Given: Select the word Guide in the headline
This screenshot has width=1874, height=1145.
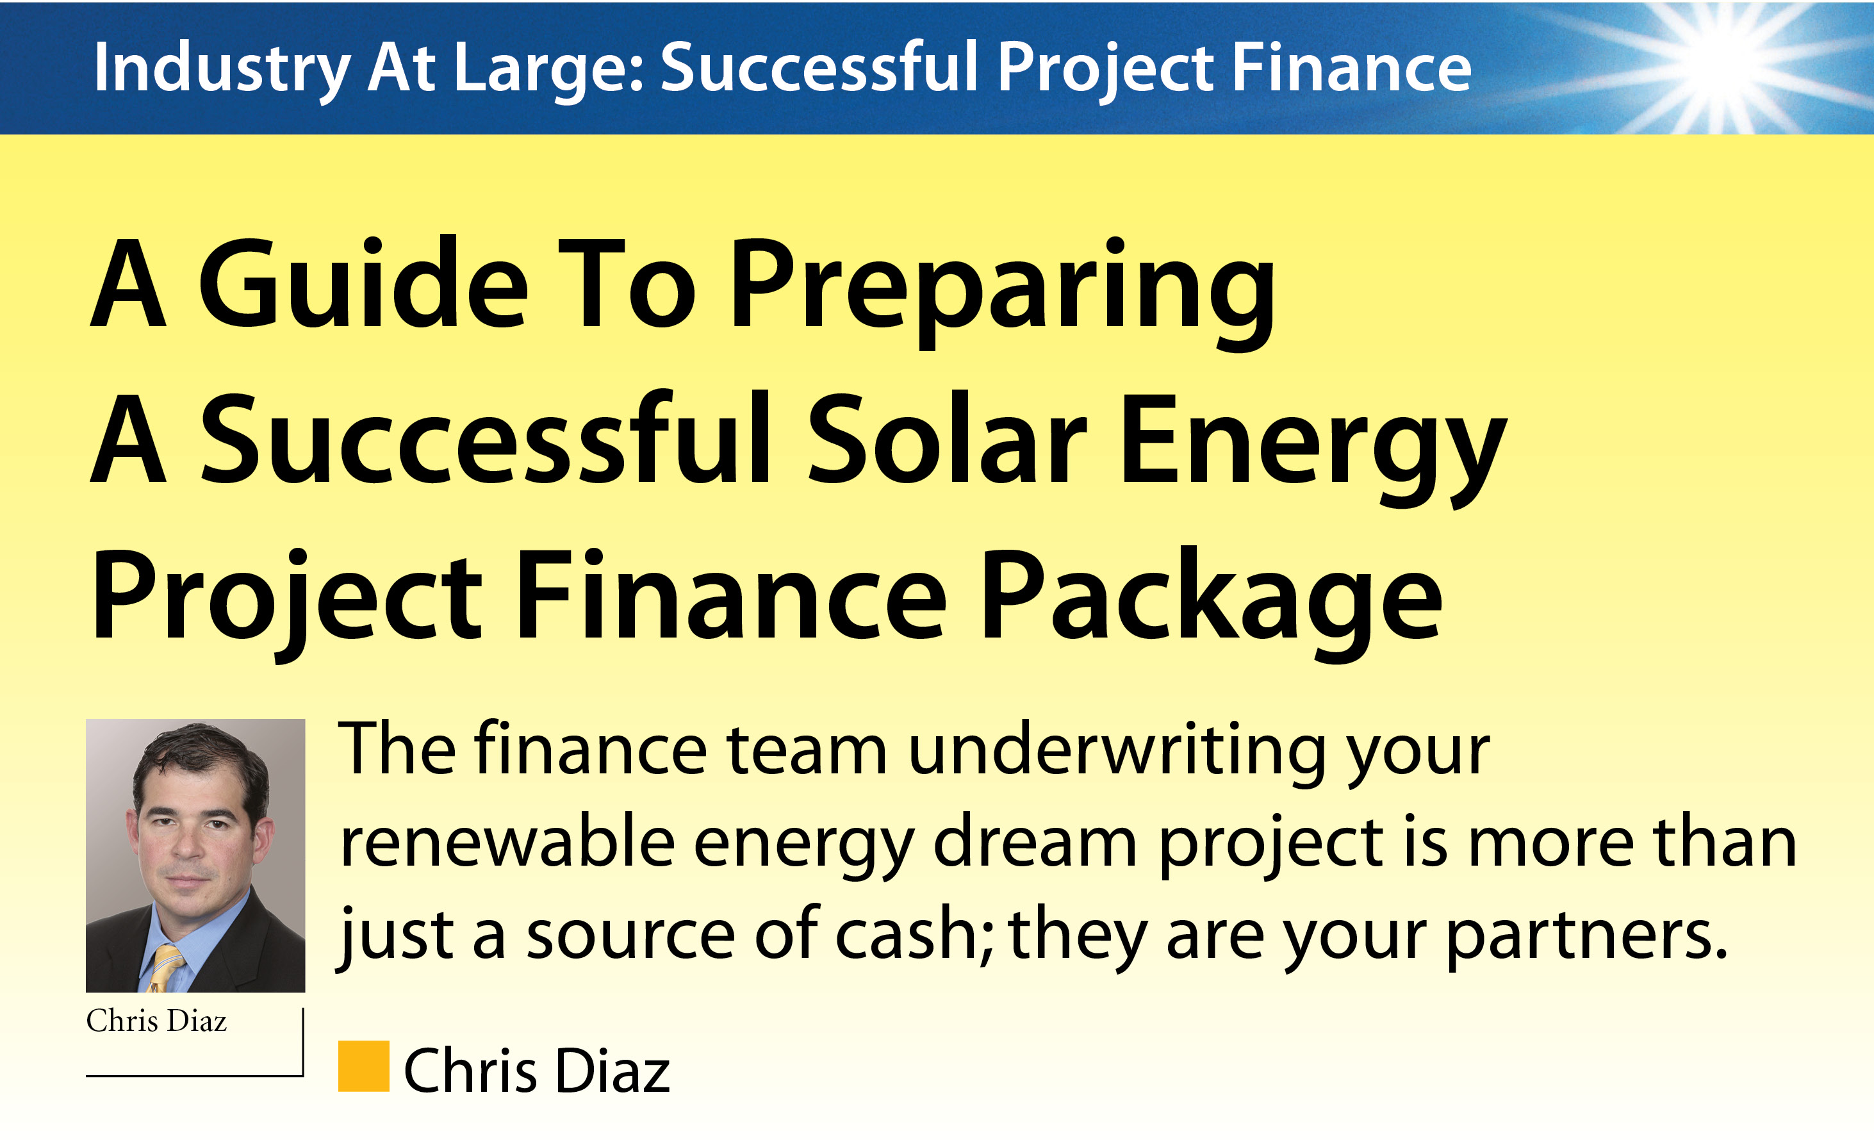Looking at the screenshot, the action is [x=363, y=283].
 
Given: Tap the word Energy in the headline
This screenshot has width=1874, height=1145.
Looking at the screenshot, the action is [x=1313, y=449].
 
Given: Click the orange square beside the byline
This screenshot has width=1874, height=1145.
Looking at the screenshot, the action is [x=363, y=1066].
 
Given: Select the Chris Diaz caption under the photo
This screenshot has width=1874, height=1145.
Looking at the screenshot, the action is [x=157, y=1021].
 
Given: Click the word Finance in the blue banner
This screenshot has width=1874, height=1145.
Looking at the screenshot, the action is [x=1351, y=68].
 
